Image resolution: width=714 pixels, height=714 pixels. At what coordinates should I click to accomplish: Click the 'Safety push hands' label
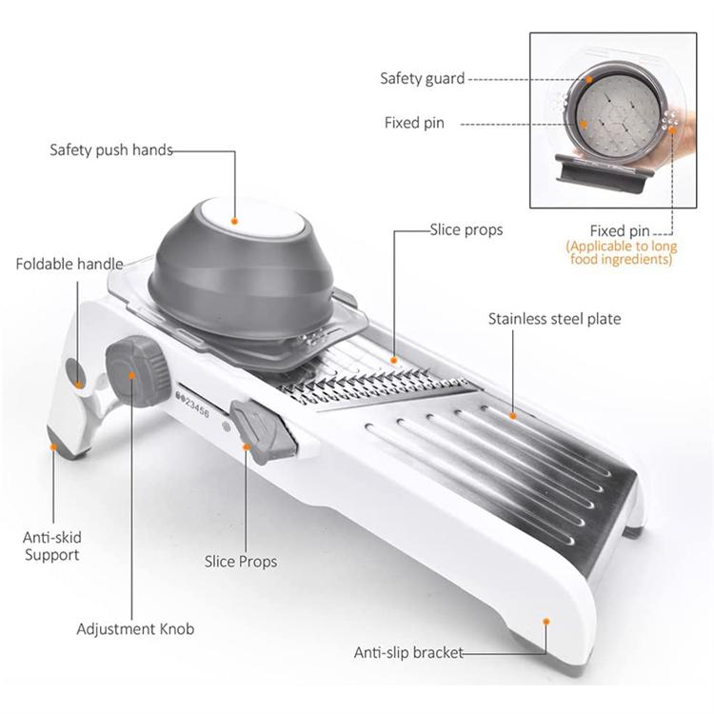click(x=110, y=149)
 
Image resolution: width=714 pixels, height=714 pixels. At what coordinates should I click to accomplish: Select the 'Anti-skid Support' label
click(x=52, y=545)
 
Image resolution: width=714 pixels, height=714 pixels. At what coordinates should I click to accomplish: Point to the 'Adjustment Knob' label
click(x=135, y=629)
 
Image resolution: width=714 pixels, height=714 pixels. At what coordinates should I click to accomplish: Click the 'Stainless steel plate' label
click(x=554, y=319)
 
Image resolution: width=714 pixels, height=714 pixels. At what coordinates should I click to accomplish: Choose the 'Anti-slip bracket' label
click(x=408, y=652)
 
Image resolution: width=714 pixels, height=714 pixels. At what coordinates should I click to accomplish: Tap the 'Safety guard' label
click(x=422, y=78)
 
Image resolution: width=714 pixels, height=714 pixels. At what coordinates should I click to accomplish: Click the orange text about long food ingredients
click(x=620, y=252)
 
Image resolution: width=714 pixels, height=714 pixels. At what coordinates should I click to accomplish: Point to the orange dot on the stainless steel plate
click(x=512, y=415)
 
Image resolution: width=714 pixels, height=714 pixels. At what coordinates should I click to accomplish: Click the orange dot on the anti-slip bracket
click(x=546, y=620)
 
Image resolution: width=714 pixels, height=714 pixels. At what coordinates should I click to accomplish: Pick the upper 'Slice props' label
click(x=466, y=229)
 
